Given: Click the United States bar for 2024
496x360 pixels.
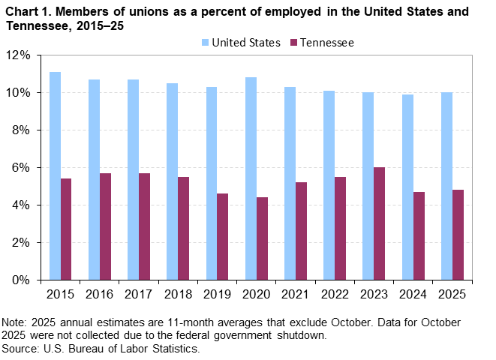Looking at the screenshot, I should (407, 187).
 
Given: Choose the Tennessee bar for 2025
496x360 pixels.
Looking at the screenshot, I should (458, 235).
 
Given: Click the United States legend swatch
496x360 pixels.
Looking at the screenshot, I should (206, 43).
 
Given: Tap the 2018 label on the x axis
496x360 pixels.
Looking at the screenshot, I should (178, 293).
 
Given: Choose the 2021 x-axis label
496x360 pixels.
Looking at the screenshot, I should (295, 293).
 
